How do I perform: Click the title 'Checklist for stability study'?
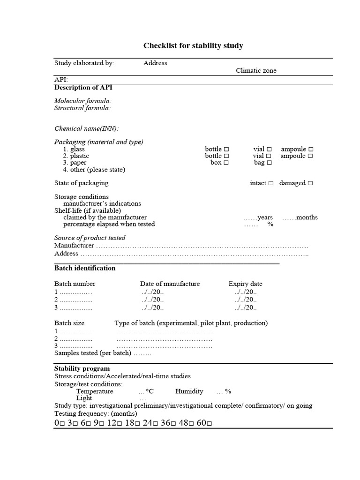[193, 45]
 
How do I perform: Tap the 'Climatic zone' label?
[256, 70]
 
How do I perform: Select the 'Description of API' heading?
[83, 87]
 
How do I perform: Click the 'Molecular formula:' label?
[82, 101]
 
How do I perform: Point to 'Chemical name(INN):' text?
[86, 128]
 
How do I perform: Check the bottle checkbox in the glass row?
[226, 149]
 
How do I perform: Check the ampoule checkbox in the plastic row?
[310, 156]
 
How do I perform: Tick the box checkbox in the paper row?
[226, 163]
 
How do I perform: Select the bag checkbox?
[269, 163]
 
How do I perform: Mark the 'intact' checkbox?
[270, 183]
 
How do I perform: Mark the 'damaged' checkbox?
[310, 183]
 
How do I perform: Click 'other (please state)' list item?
[97, 170]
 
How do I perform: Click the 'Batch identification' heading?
[85, 268]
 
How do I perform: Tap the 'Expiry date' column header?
[245, 284]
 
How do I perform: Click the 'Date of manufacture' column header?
[170, 284]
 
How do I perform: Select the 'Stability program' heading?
[82, 368]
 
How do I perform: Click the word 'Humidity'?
[189, 391]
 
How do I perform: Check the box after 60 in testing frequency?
[209, 424]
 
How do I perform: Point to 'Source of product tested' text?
[90, 238]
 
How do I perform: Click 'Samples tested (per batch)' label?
[92, 353]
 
